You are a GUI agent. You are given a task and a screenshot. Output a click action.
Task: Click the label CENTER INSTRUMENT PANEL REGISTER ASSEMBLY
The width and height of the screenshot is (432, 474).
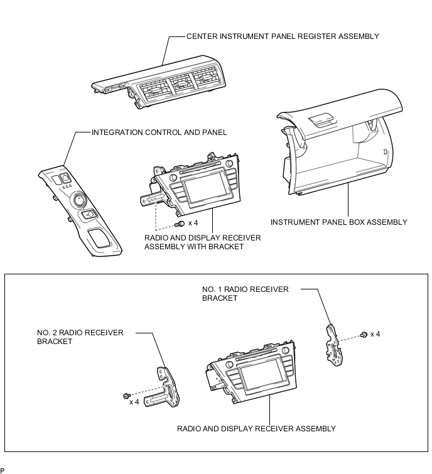[283, 36]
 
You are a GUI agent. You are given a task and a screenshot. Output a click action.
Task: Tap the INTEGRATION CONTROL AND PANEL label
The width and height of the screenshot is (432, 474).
[159, 132]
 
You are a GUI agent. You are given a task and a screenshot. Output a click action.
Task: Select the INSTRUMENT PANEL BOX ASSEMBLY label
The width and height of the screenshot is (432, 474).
[339, 222]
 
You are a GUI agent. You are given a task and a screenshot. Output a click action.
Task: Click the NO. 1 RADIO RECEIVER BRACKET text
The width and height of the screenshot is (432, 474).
[245, 294]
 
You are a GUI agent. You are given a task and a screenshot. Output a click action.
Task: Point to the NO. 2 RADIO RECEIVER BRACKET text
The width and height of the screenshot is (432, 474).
[80, 337]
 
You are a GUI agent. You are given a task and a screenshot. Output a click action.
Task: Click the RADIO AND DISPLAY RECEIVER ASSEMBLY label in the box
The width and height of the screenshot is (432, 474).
[256, 429]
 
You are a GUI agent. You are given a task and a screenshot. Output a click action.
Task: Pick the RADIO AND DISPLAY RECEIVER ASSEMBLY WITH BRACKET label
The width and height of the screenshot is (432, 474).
[203, 242]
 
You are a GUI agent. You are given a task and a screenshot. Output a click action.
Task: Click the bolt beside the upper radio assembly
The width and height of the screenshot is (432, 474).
[180, 224]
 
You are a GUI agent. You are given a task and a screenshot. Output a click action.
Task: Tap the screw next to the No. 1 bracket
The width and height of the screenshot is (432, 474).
[364, 335]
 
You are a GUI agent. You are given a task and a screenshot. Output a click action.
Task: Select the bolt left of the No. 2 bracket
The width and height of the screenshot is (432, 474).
[127, 396]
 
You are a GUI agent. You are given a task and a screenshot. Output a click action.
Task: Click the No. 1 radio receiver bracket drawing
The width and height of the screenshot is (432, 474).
[334, 345]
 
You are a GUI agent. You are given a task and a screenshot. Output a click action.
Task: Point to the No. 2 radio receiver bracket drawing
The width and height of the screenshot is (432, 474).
[163, 388]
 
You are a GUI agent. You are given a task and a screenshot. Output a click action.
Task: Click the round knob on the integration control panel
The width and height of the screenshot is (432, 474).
[79, 200]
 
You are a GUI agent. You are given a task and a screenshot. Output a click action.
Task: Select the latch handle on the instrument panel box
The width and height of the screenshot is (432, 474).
[322, 120]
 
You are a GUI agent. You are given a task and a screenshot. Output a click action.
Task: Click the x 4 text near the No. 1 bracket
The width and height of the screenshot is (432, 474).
[375, 335]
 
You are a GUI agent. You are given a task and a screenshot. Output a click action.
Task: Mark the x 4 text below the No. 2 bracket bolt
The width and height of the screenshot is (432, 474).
[134, 402]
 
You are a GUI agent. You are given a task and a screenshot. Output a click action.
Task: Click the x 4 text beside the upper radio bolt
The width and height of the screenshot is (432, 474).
[193, 223]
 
